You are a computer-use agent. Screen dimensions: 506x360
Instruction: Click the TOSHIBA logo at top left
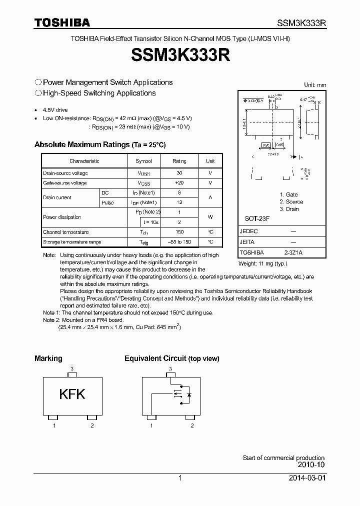tap(62, 22)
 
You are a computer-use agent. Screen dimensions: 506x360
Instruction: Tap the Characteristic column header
tap(84, 161)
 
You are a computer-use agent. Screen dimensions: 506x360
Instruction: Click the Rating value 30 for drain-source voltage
tap(179, 173)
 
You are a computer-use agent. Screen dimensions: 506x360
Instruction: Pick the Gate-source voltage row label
tap(65, 183)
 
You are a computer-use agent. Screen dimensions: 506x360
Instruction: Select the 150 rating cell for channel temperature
tap(179, 232)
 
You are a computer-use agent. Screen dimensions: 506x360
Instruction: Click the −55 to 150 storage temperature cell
tap(179, 242)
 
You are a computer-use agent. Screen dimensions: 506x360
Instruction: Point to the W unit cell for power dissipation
tap(210, 217)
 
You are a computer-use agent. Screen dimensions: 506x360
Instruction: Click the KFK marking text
tap(72, 394)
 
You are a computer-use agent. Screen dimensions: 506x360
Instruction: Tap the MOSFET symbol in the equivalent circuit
tap(178, 394)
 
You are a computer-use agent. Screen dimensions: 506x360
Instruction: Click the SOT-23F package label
tap(257, 219)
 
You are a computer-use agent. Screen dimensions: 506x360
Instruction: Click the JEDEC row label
tap(248, 232)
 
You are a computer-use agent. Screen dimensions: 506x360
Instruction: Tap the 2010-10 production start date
tap(311, 464)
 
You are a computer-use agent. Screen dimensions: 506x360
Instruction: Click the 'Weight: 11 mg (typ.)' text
tap(262, 263)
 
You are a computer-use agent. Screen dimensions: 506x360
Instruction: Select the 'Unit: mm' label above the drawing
tap(315, 85)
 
